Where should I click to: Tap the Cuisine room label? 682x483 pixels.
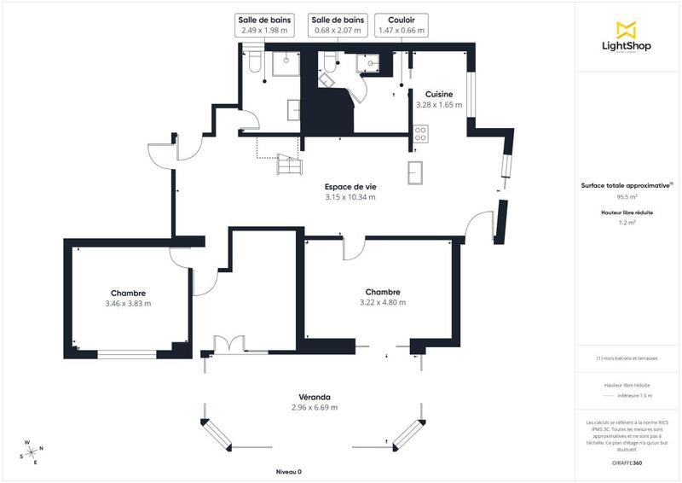[440, 94]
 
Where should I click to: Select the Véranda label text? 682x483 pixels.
[315, 397]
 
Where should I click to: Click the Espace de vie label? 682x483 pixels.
[350, 186]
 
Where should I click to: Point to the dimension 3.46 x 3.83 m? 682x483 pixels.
[128, 303]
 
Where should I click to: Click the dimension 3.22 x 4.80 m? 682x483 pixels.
[383, 302]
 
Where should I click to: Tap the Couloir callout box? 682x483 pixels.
[402, 25]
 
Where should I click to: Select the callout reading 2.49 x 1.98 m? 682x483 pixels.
[265, 30]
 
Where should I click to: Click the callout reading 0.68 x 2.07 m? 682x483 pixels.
[338, 30]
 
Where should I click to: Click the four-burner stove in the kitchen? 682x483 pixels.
[420, 133]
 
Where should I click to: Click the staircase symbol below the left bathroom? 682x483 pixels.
[288, 165]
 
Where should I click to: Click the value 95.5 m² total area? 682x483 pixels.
[627, 195]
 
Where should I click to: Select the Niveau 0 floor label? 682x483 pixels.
[289, 471]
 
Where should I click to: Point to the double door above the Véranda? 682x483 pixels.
[229, 344]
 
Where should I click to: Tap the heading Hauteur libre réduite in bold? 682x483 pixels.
[627, 212]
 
